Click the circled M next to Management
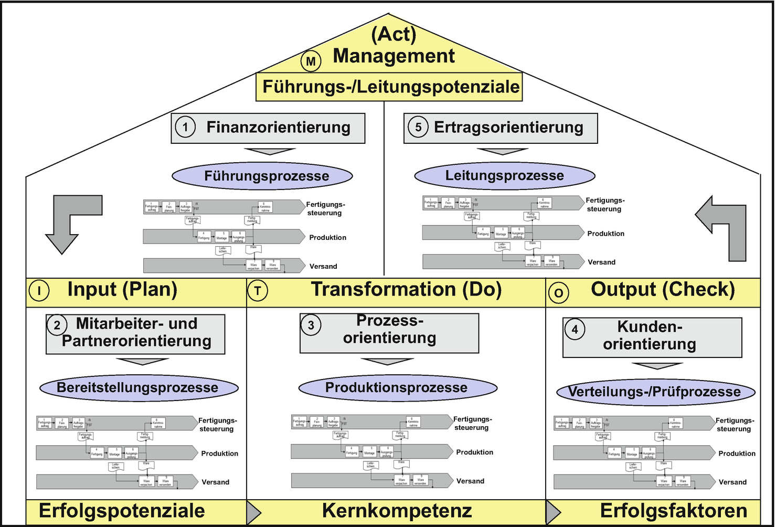311,61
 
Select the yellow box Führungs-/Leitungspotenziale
390,87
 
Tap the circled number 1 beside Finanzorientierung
185,127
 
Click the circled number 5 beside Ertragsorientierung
418,127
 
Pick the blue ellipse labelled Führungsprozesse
262,176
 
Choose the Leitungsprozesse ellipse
504,175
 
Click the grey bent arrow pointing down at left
68,223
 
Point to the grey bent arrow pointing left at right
724,226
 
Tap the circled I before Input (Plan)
39,291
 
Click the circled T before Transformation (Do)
257,291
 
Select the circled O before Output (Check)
558,293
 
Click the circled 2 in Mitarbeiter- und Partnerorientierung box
57,325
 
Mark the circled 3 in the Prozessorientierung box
311,325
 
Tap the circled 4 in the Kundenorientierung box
575,330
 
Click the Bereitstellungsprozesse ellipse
139,388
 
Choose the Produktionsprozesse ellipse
397,388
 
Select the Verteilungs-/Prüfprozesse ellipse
655,392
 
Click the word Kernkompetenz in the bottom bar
397,511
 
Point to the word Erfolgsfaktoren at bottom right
673,511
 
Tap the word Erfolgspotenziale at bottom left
122,511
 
